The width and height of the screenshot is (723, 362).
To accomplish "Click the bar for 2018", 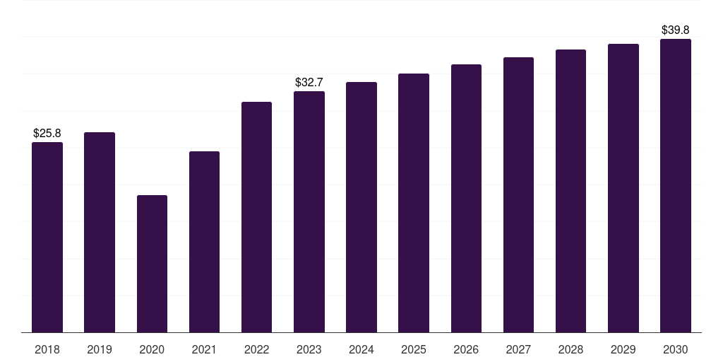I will click(47, 237).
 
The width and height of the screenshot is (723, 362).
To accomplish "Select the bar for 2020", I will click(152, 264).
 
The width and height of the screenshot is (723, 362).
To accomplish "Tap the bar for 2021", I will click(204, 242).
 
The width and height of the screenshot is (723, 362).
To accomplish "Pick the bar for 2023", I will click(309, 211).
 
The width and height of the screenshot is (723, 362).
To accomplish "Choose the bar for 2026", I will click(466, 198).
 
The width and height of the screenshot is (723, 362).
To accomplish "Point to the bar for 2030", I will click(676, 185).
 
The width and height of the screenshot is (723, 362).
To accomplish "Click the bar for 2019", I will click(100, 232).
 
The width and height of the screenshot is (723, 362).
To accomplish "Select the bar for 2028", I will click(570, 191).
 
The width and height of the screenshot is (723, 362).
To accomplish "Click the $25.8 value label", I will click(47, 133).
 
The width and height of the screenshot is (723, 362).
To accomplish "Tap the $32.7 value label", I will click(309, 82).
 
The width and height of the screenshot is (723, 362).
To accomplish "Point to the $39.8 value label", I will click(676, 30).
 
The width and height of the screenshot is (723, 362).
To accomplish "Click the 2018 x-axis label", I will click(47, 349).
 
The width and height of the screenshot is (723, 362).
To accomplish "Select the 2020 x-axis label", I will click(152, 349).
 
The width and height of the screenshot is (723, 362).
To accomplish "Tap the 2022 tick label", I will click(256, 349).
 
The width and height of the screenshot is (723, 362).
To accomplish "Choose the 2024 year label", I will click(361, 349).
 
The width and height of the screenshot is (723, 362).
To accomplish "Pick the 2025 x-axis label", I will click(414, 349).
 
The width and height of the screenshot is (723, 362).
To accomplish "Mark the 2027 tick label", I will click(518, 349).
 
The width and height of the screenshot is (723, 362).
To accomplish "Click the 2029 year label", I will click(623, 349).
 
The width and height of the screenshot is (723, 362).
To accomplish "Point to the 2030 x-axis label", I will click(676, 349).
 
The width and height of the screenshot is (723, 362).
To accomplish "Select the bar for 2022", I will click(256, 217).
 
